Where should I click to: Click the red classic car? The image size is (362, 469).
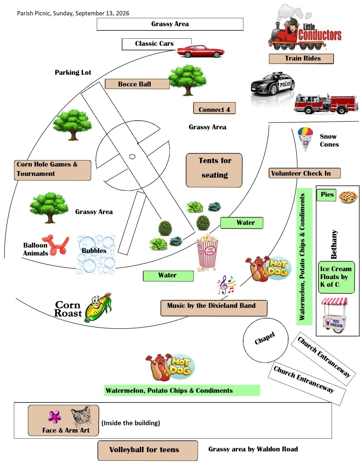[200, 51]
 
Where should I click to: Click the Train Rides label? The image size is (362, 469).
[301, 59]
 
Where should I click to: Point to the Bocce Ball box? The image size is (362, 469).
[137, 84]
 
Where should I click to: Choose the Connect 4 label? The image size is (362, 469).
[214, 108]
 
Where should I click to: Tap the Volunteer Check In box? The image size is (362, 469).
[305, 173]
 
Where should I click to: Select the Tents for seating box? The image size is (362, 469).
[214, 170]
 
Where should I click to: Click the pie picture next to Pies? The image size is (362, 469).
[348, 197]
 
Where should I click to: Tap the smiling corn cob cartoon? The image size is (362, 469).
[98, 307]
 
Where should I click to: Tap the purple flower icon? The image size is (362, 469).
[55, 417]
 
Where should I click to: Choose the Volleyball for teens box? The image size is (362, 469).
[148, 451]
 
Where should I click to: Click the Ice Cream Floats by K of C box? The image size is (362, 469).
[336, 277]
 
